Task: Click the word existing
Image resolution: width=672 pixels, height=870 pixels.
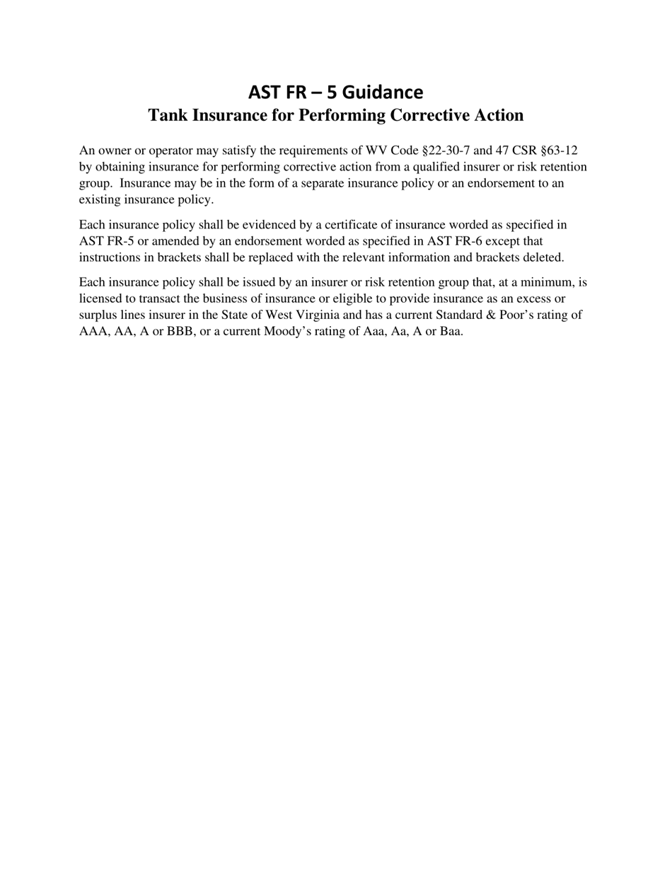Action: pos(100,199)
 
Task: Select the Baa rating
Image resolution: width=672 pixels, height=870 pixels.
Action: pos(450,331)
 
